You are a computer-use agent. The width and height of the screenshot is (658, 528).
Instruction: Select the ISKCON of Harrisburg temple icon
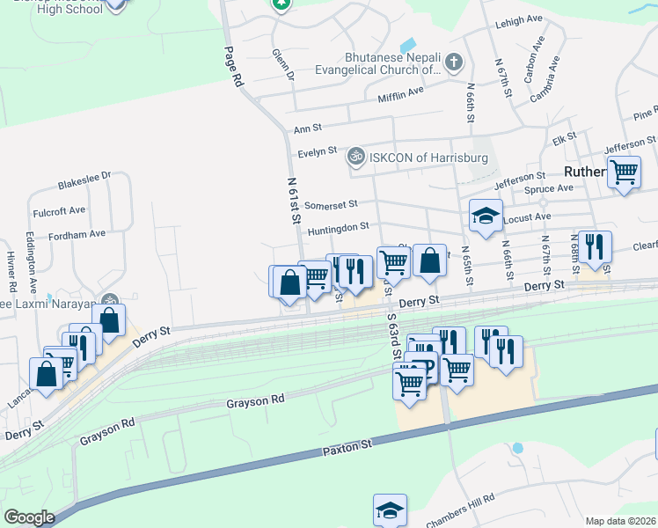click(x=355, y=157)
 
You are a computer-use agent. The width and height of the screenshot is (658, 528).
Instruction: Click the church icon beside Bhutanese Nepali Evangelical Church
click(x=453, y=62)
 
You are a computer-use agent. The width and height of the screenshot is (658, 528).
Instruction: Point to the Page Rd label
click(x=232, y=66)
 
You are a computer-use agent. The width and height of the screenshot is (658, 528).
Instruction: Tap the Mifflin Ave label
click(x=400, y=93)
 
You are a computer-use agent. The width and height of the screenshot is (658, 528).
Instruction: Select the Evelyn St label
click(x=318, y=151)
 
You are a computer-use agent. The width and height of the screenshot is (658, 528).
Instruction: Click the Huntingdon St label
click(x=338, y=228)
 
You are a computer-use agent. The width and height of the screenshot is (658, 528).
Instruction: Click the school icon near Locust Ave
click(x=485, y=217)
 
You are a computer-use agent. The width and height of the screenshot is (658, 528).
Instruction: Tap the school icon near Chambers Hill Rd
click(x=390, y=511)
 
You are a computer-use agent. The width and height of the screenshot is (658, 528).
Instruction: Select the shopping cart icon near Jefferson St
click(x=624, y=172)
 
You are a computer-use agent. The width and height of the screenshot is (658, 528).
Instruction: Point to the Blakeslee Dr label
click(x=84, y=180)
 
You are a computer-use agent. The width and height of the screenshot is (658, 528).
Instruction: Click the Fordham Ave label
click(x=77, y=234)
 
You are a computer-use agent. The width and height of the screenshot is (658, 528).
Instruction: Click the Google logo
click(x=29, y=517)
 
